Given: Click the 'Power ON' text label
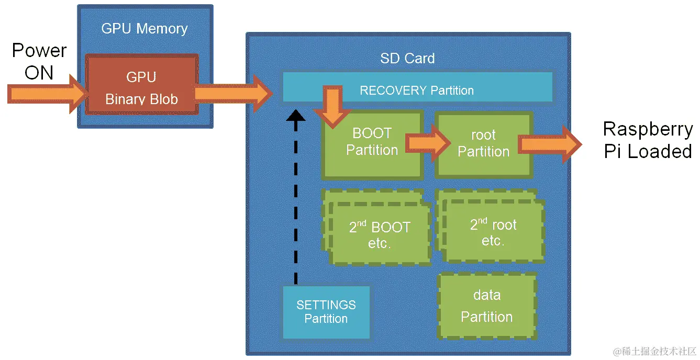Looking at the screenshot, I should tap(39, 61).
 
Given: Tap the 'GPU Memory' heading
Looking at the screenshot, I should tap(145, 28).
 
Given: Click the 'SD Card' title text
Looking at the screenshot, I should tap(407, 58).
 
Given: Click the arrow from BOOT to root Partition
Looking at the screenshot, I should tap(427, 142).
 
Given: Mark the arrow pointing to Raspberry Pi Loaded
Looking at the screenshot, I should tap(550, 144).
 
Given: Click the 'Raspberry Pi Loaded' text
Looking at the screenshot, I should tap(648, 140).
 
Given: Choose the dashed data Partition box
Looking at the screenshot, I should tap(487, 306).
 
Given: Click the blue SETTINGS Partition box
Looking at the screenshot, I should tap(326, 312).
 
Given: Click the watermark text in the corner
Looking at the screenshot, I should tap(654, 351).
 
